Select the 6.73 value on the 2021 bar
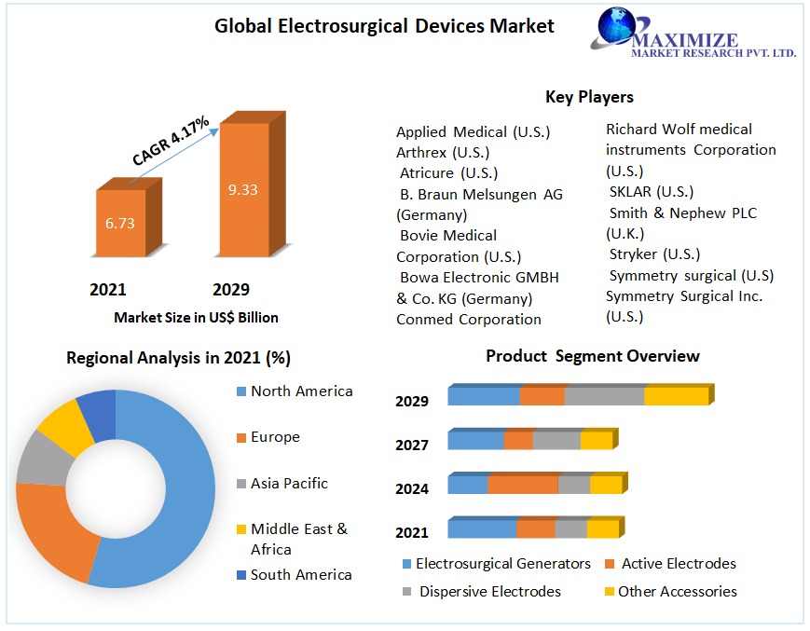[x=120, y=224]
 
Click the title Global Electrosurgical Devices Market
[x=384, y=26]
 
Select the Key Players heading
[x=589, y=97]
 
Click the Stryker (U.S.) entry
[x=654, y=254]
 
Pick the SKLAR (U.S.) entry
[x=651, y=192]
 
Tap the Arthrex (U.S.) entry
[x=443, y=152]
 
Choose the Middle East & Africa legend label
[x=298, y=539]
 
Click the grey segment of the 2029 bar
[x=604, y=395]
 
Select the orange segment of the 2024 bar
[x=522, y=485]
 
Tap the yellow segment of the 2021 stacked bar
[x=602, y=528]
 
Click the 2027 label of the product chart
[x=412, y=445]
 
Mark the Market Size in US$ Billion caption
[x=196, y=318]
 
